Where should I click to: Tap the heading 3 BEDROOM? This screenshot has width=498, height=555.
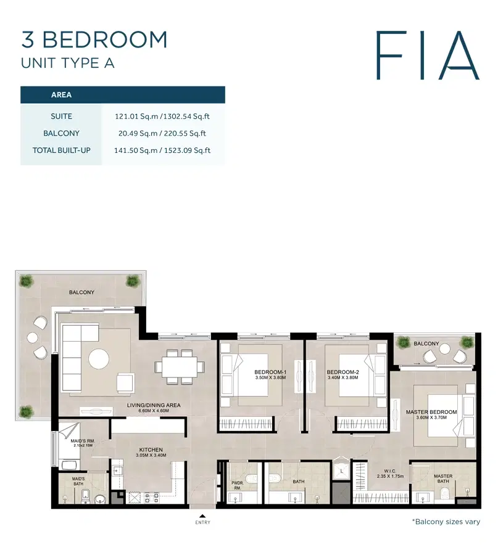pos(94,39)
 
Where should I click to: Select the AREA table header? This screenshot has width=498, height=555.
pos(61,95)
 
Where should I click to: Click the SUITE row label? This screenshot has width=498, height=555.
pos(61,116)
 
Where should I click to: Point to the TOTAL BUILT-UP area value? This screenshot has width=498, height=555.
pos(163,150)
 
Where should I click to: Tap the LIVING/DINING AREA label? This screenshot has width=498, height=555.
pos(154,405)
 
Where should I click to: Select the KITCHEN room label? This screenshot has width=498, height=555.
pos(151,451)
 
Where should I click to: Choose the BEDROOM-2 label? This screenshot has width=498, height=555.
pos(342,372)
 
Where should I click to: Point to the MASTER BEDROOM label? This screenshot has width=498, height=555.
pos(431,413)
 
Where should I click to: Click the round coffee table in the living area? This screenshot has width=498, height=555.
pos(99,358)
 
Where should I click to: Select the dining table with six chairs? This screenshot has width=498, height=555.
pos(180,366)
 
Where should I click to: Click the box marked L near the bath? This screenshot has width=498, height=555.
pos(341,472)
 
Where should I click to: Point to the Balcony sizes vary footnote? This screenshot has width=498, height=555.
pos(446,522)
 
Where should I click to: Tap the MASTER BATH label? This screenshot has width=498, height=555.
pos(442,479)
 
